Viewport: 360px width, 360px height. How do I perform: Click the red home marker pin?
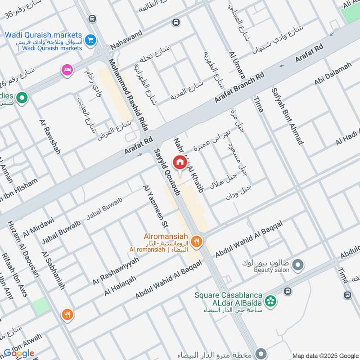coord(180,162)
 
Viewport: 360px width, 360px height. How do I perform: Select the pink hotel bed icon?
coord(67,70)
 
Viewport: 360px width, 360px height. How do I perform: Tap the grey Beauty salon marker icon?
coord(297,266)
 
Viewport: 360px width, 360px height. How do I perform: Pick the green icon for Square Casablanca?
coord(270,300)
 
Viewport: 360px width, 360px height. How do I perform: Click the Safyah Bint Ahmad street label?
coord(287,116)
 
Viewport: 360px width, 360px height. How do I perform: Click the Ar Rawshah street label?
coord(50,137)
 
